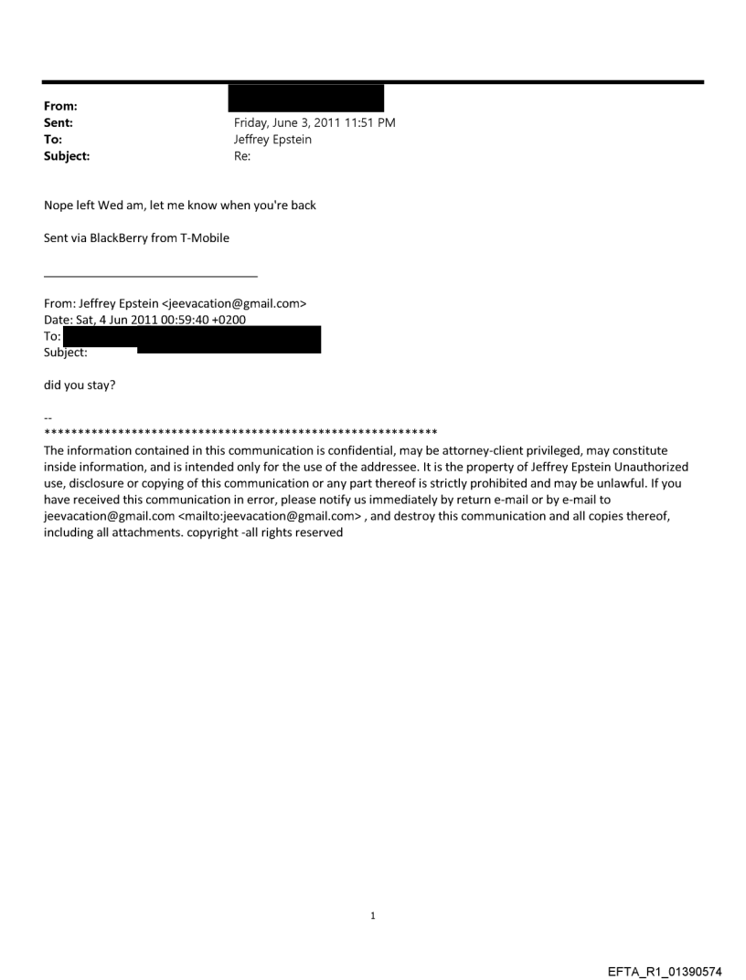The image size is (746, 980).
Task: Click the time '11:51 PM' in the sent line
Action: [368, 122]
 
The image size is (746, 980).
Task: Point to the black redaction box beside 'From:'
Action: [305, 98]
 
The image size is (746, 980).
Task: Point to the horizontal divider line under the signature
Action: [151, 276]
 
